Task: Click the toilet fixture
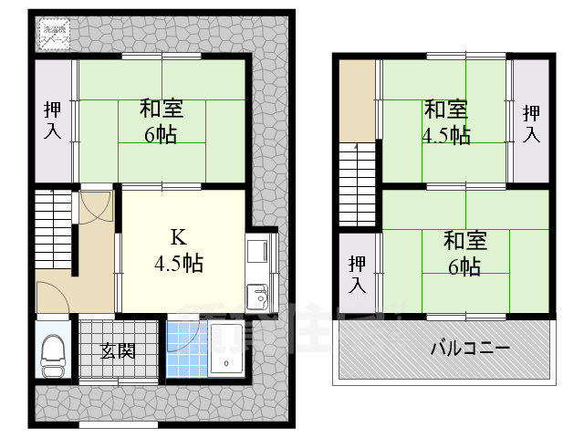click(53, 355)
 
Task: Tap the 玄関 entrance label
click(119, 349)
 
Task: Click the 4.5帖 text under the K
click(179, 265)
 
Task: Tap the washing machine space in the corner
click(54, 36)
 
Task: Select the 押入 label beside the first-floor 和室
click(52, 120)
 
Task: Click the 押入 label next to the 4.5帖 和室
click(531, 123)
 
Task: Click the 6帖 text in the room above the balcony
click(464, 266)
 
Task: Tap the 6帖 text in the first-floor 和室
click(162, 134)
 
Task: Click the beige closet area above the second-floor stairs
click(357, 100)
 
